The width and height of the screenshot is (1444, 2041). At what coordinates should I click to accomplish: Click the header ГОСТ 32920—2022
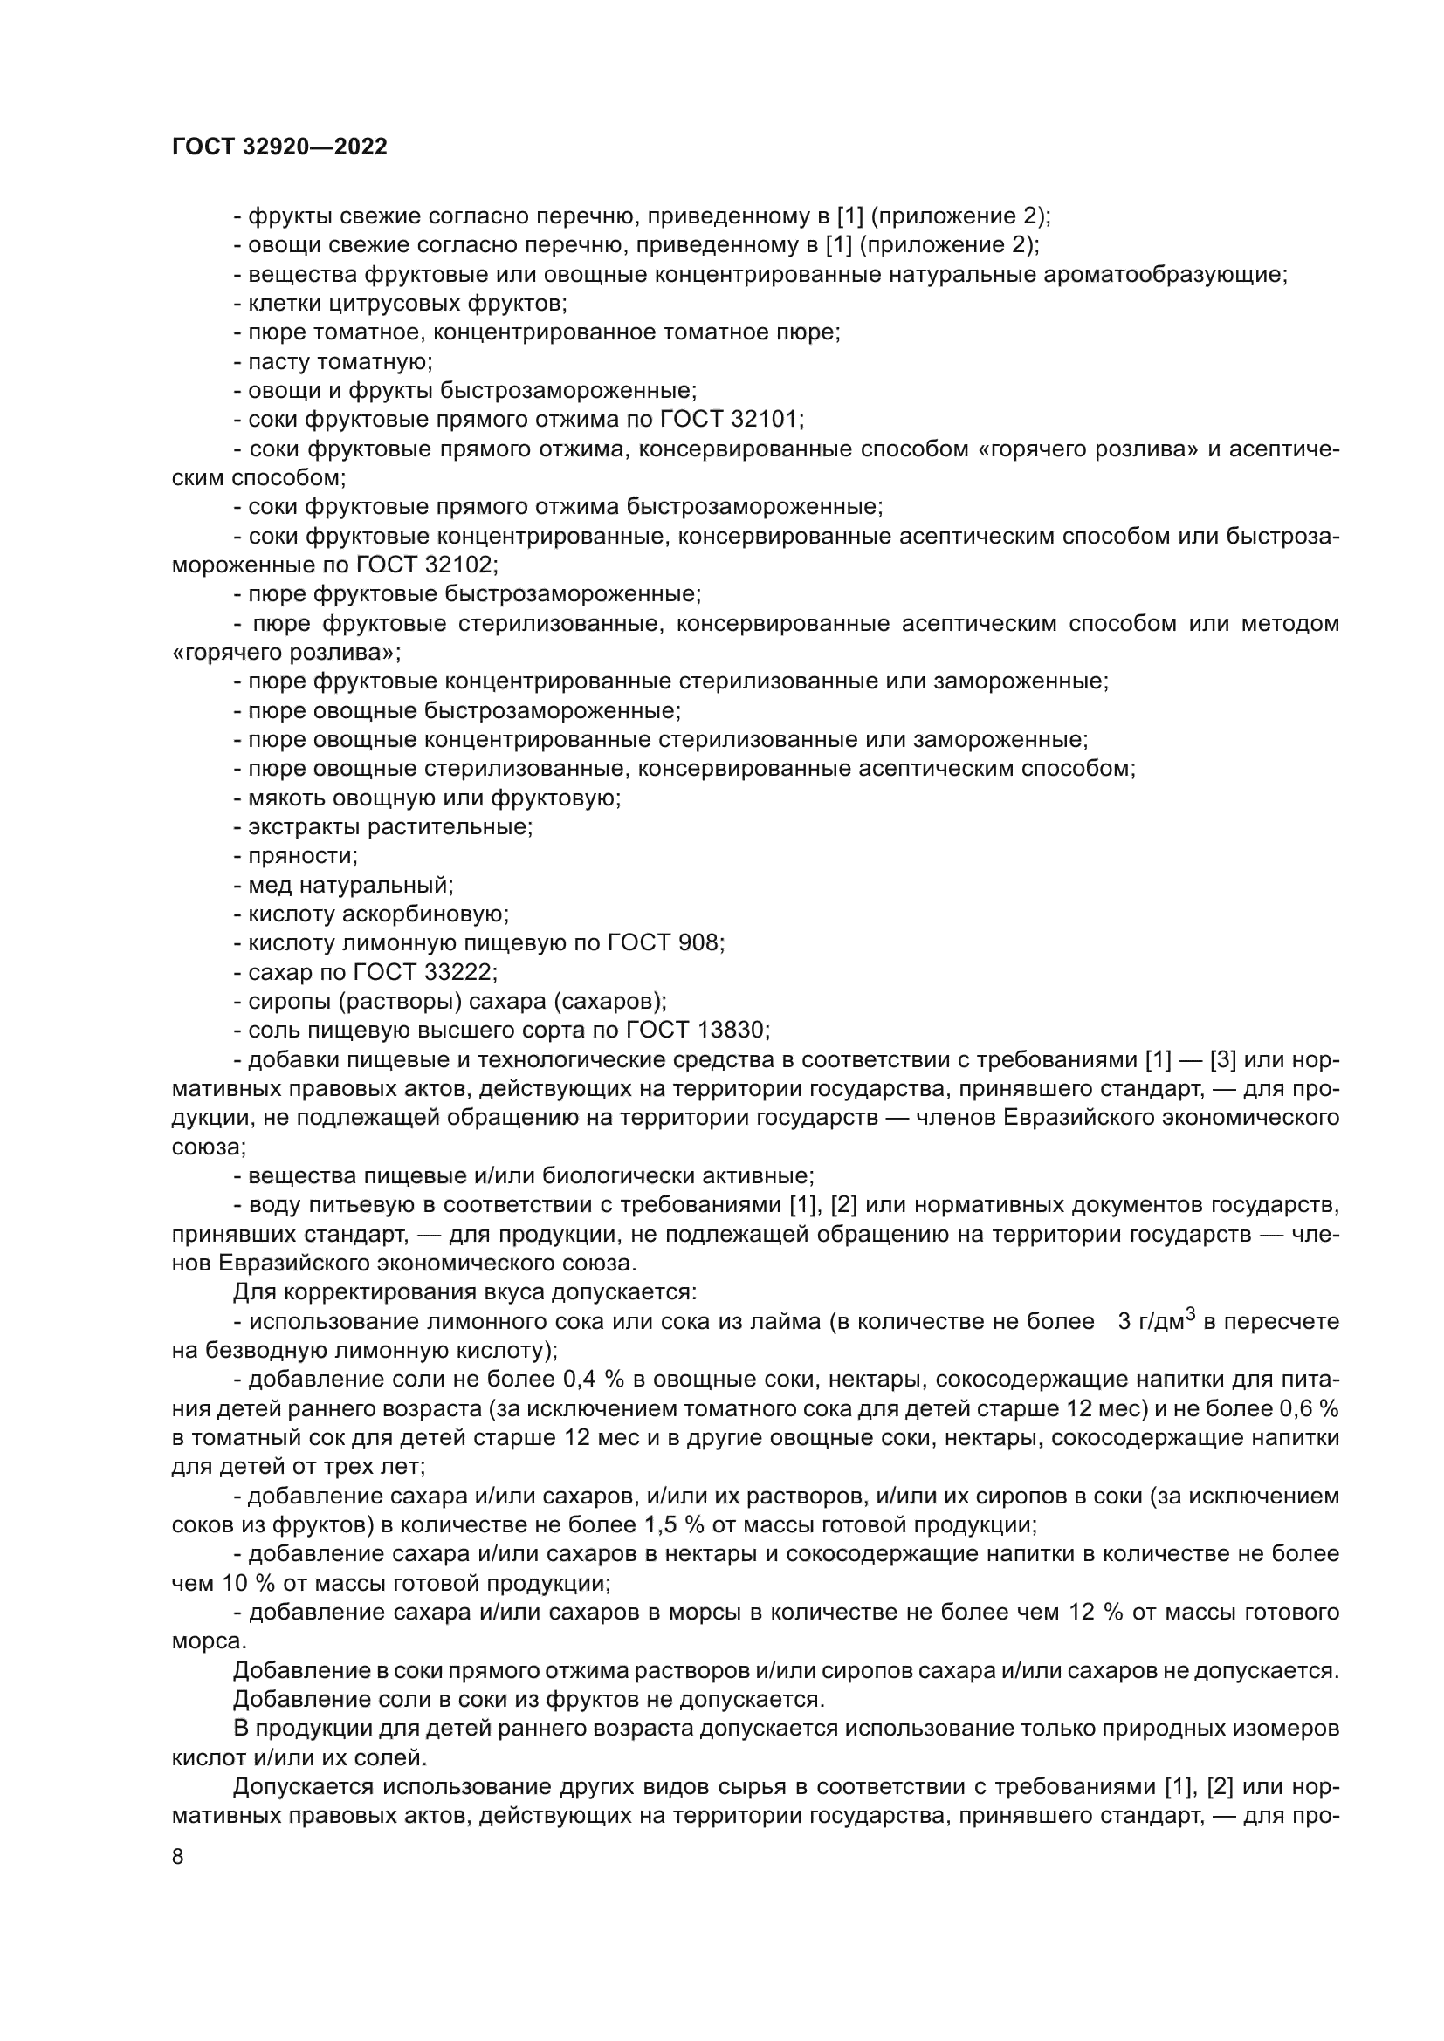click(x=280, y=147)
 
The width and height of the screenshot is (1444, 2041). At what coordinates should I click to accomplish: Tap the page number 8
click(x=178, y=1857)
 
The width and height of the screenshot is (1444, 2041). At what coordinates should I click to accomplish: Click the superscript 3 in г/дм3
click(x=1191, y=1315)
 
